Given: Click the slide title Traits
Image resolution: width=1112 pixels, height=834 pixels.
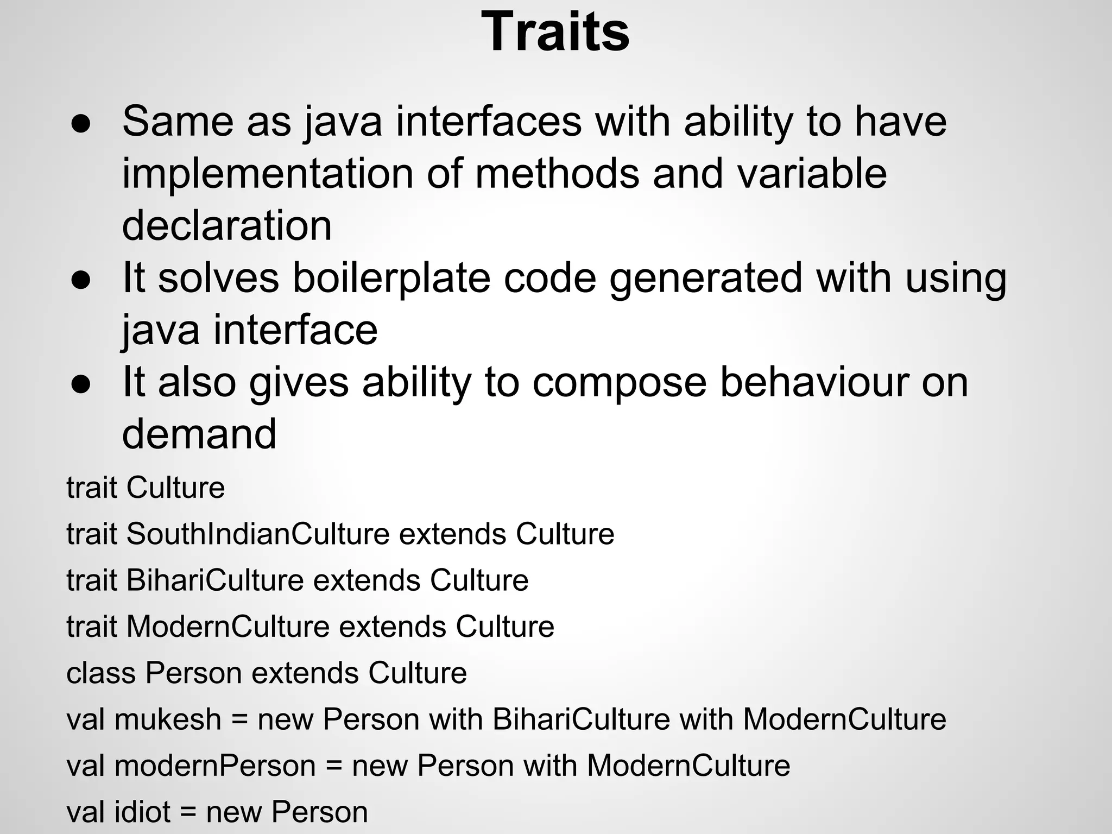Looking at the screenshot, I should click(x=555, y=33).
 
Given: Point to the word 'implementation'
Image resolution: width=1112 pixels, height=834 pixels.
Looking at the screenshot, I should click(x=267, y=174).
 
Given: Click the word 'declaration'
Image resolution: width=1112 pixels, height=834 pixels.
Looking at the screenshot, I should click(x=226, y=225).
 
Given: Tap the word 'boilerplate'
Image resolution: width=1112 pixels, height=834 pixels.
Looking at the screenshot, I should click(x=391, y=278).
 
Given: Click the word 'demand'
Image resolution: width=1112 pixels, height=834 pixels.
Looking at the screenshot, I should click(x=199, y=433).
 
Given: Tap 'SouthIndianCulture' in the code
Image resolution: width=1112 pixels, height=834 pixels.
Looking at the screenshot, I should click(x=258, y=534).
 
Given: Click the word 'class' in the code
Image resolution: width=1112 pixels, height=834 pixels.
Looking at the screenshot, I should click(x=100, y=673).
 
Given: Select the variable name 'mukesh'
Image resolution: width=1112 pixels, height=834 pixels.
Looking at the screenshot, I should click(x=168, y=719).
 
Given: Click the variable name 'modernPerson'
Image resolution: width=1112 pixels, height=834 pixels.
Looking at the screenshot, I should click(x=215, y=766).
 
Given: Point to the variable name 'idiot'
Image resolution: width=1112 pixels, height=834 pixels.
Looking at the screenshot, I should click(x=143, y=812).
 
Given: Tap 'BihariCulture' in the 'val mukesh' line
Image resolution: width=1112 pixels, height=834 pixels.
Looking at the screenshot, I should click(x=582, y=719).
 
